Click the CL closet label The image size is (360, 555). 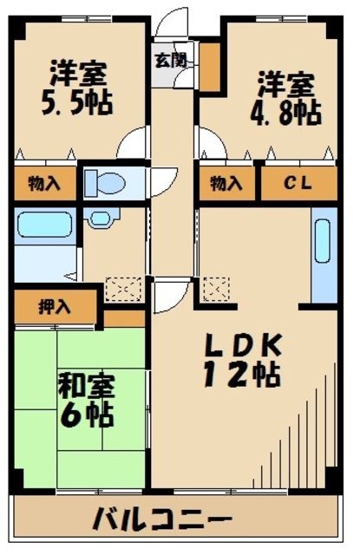click(298, 182)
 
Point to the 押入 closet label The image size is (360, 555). click(56, 306)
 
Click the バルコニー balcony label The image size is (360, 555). click(162, 521)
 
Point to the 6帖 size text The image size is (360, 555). click(86, 414)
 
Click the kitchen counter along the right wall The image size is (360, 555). click(323, 257)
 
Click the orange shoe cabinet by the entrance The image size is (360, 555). click(209, 64)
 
